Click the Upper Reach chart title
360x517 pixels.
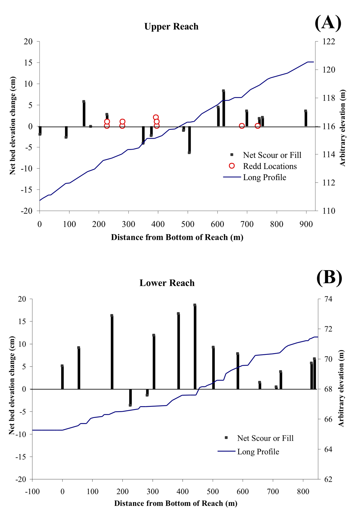[x=171, y=27]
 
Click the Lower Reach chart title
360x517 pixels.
[x=167, y=283]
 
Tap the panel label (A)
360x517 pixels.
[x=328, y=23]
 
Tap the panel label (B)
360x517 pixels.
[x=329, y=277]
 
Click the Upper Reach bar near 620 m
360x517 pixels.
[x=223, y=108]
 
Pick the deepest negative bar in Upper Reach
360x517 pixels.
[x=189, y=140]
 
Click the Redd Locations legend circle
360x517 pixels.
[x=232, y=166]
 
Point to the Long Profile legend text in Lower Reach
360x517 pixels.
[x=258, y=452]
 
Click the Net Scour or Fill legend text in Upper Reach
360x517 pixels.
[x=272, y=155]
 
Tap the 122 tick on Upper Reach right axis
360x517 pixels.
[x=329, y=41]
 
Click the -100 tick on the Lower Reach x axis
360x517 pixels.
[x=32, y=492]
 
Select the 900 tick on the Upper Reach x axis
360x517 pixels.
[x=306, y=224]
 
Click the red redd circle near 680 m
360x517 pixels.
[x=242, y=126]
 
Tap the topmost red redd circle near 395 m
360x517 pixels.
[x=156, y=117]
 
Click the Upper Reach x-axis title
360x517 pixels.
[x=177, y=237]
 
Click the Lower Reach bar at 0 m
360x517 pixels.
[x=62, y=377]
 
